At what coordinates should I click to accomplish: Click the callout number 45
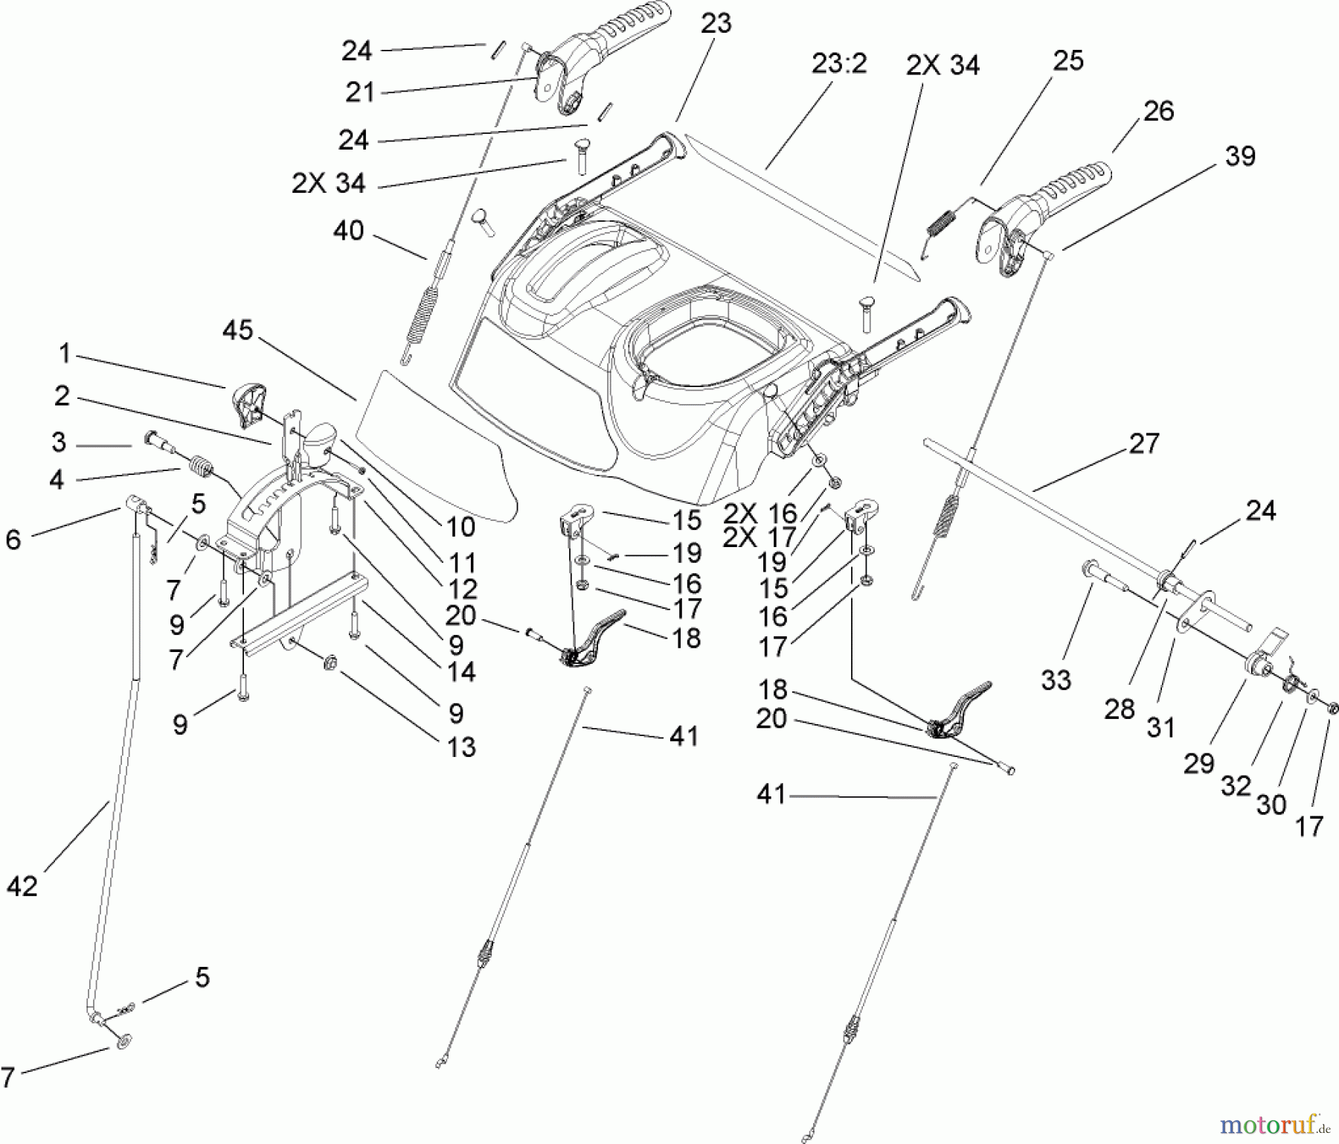pyautogui.click(x=238, y=330)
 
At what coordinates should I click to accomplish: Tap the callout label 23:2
pyautogui.click(x=839, y=64)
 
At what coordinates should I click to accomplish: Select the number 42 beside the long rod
pyautogui.click(x=22, y=886)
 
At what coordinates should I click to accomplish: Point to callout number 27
pyautogui.click(x=1144, y=444)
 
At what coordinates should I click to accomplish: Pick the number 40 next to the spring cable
pyautogui.click(x=348, y=231)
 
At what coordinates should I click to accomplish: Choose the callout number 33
pyautogui.click(x=1056, y=680)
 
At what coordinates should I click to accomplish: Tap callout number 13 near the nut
pyautogui.click(x=461, y=747)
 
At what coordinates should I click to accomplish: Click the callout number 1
pyautogui.click(x=65, y=354)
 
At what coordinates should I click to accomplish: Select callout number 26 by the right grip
pyautogui.click(x=1158, y=112)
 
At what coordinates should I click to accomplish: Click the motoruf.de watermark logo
pyautogui.click(x=1285, y=1119)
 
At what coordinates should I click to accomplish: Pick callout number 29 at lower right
pyautogui.click(x=1198, y=763)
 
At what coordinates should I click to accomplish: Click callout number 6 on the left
pyautogui.click(x=13, y=540)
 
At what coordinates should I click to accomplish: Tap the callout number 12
pyautogui.click(x=463, y=589)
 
